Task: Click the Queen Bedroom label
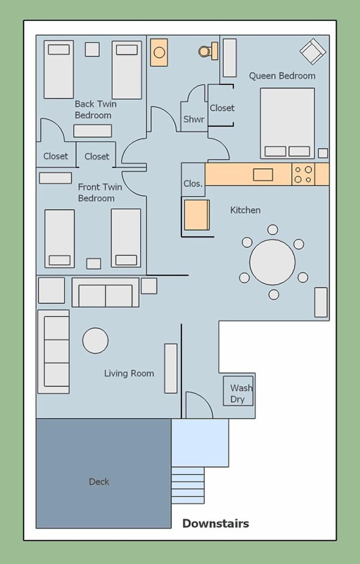click(282, 76)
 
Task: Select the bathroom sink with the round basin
click(159, 52)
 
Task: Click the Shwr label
click(193, 119)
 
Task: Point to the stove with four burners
click(303, 174)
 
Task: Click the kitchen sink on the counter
click(263, 175)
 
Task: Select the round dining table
click(272, 262)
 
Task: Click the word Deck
click(99, 482)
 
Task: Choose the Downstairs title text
click(216, 524)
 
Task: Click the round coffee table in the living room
click(95, 340)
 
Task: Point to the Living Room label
click(129, 373)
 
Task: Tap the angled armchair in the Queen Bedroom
click(312, 51)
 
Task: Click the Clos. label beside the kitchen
click(193, 184)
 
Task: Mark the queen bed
click(287, 123)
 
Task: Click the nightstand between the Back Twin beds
click(92, 49)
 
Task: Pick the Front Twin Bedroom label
click(99, 192)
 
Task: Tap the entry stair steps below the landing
click(188, 485)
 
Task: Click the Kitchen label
click(245, 210)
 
